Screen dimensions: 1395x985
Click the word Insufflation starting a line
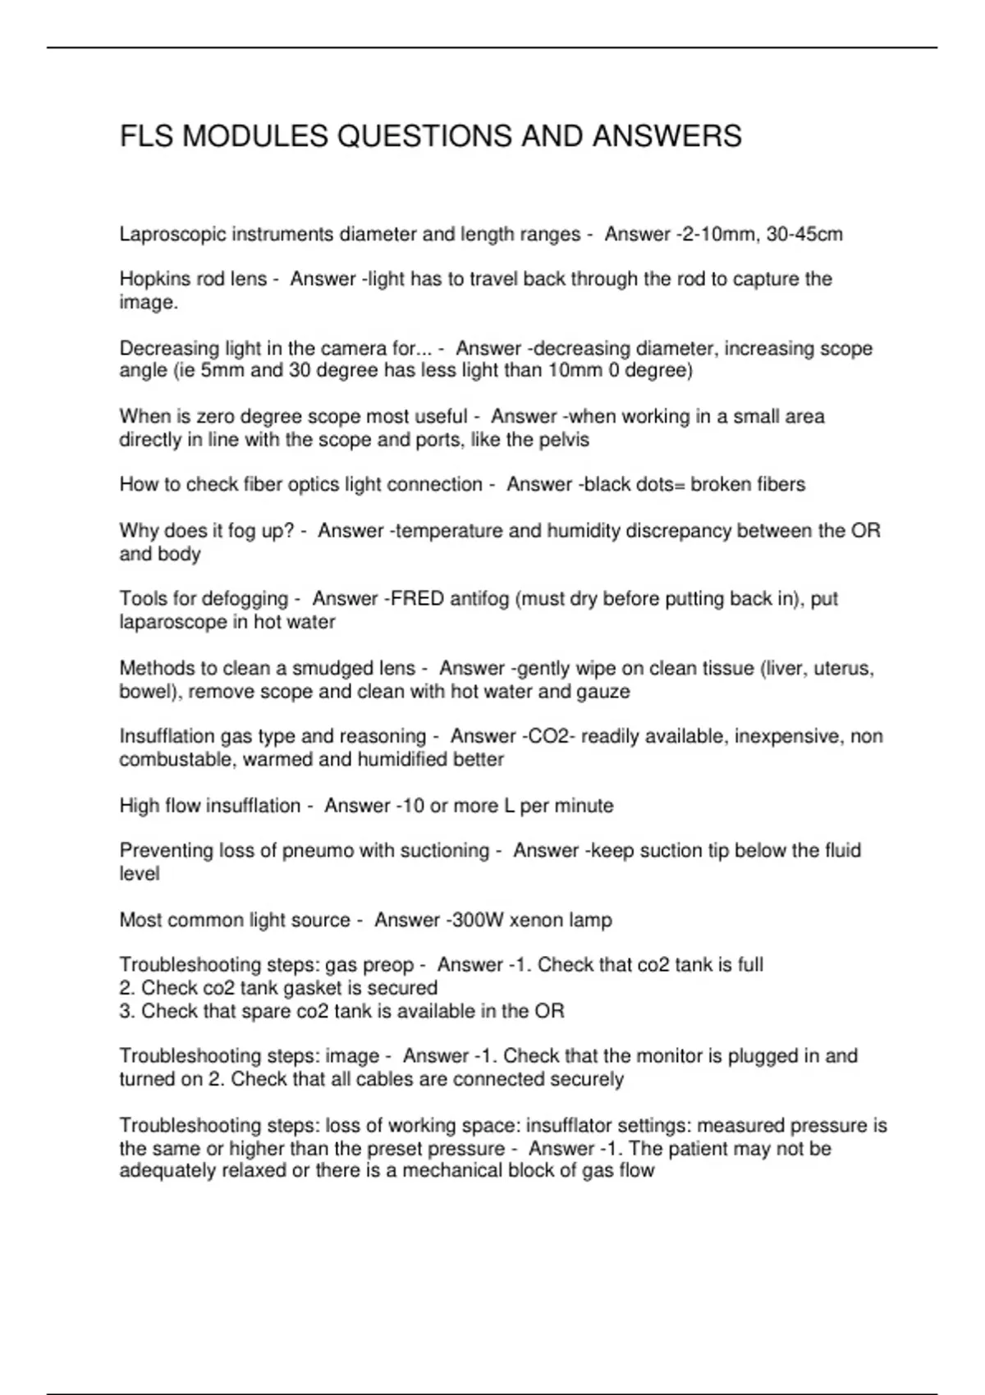point(167,736)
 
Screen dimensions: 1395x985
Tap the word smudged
point(331,669)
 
